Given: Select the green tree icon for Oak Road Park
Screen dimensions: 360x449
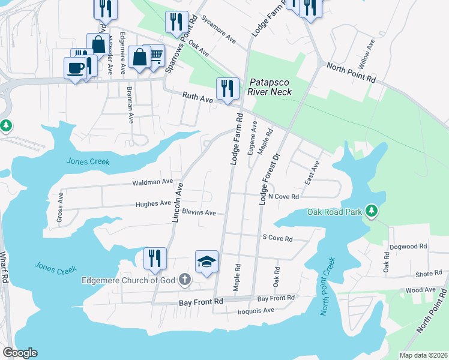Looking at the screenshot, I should pos(372,211).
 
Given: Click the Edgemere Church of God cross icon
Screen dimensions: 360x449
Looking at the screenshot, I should pos(184,280).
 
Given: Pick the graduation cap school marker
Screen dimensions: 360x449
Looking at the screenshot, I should pos(206,262).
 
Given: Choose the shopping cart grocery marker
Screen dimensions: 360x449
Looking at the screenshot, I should pos(155,56).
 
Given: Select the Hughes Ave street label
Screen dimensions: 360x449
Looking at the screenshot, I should pos(153,204).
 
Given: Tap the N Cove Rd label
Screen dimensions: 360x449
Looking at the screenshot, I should pos(283,197).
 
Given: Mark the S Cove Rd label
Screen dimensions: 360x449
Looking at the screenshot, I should pos(277,238).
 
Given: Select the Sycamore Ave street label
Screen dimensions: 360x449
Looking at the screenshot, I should pos(218,27).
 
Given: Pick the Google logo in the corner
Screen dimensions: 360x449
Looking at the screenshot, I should pos(19,352).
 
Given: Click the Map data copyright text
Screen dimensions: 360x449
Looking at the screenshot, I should pos(423,355).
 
